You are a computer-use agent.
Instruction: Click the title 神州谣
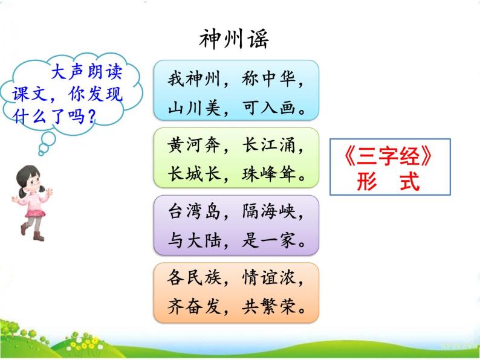(233, 39)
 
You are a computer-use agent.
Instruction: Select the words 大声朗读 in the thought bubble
(86, 72)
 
